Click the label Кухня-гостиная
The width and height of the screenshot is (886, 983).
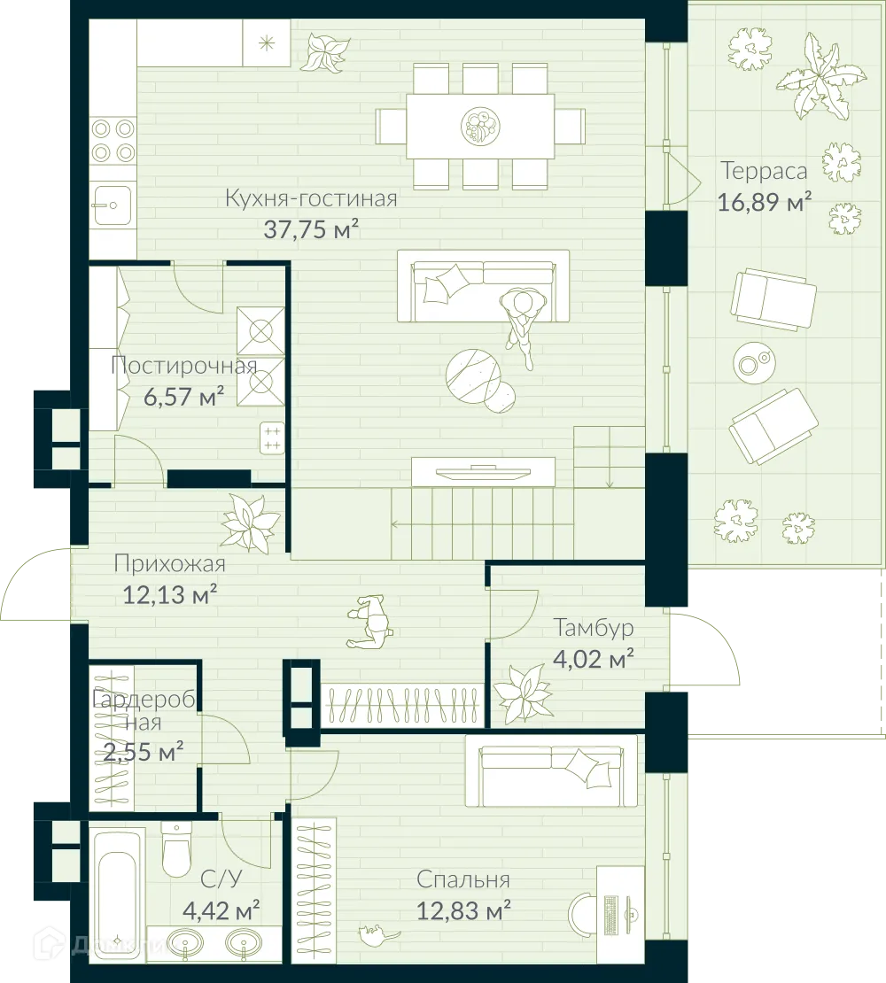310,197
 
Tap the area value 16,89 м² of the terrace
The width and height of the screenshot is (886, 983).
765,202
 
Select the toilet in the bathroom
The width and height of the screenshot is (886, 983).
176,849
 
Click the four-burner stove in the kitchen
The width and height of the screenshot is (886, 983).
113,140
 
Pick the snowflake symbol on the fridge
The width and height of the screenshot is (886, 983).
266,42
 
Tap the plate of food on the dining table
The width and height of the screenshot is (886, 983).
479,127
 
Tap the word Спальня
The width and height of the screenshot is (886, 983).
462,879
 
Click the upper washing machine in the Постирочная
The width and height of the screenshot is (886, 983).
260,330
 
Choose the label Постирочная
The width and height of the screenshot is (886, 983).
184,366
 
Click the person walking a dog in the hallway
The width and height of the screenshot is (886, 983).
372,622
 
